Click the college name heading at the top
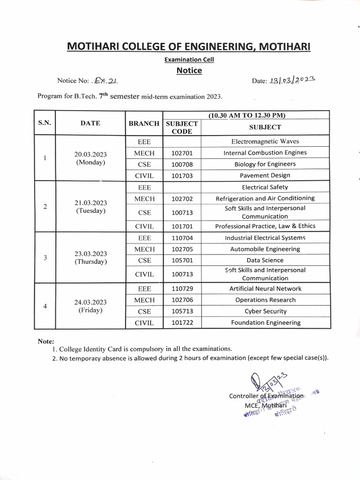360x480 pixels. pos(189,46)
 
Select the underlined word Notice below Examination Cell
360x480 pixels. pos(189,71)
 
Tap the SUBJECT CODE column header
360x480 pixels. pos(181,127)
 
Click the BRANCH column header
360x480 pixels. pos(144,124)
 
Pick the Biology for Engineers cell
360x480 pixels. pos(265,164)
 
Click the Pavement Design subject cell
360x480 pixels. pos(265,175)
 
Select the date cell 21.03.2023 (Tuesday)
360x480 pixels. pos(90,207)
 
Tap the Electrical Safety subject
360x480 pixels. pos(265,187)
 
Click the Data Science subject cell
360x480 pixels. pos(265,260)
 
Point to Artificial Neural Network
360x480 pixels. pos(265,289)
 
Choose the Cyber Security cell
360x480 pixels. pos(265,311)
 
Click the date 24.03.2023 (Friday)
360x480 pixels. pos(90,306)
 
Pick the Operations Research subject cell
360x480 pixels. pos(265,300)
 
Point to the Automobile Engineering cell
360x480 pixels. pos(265,249)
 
